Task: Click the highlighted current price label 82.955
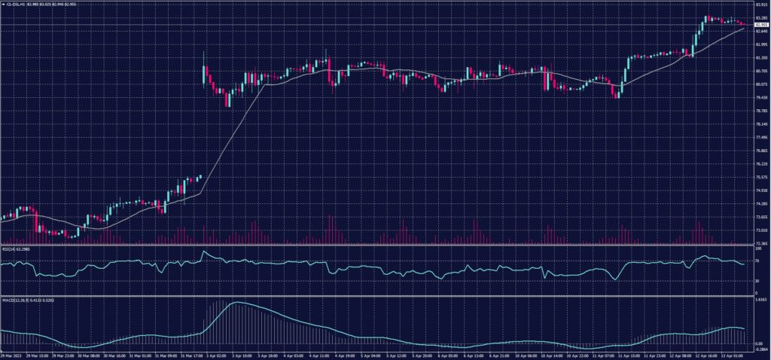click(x=760, y=25)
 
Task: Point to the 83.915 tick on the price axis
click(x=760, y=4)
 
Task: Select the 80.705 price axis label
click(x=760, y=71)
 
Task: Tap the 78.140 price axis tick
click(x=760, y=124)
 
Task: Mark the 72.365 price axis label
click(x=760, y=243)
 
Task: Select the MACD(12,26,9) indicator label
click(x=17, y=299)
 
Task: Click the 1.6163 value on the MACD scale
click(x=760, y=299)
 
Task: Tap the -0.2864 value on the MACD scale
click(x=760, y=351)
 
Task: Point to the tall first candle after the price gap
click(x=205, y=73)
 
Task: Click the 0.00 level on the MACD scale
click(x=759, y=343)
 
